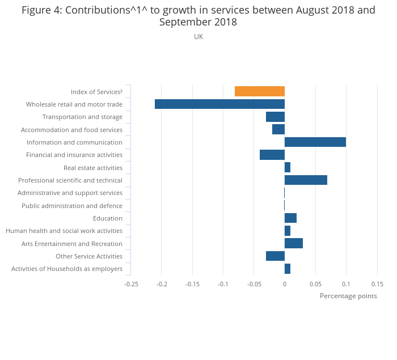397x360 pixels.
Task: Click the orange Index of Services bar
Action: coord(260,91)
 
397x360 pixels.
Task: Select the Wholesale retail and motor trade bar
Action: coord(219,104)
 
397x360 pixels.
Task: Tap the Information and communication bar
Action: coord(315,142)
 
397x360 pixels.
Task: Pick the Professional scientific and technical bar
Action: coord(306,180)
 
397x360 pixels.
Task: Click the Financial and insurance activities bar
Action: coord(272,155)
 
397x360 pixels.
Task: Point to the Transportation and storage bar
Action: coord(275,117)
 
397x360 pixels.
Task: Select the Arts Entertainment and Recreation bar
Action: coord(294,243)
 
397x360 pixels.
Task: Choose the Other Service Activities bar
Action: coord(275,256)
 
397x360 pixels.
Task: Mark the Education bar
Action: coord(290,218)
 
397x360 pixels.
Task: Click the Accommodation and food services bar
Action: coord(278,129)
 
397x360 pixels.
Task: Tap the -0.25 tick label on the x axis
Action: coord(131,283)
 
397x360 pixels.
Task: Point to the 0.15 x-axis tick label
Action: coord(377,283)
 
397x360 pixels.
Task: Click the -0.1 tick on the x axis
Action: coord(223,283)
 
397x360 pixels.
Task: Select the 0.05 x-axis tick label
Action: coord(315,283)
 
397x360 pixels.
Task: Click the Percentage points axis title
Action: coord(348,296)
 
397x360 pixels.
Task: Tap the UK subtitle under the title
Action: coord(198,37)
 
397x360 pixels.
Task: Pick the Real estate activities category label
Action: coord(93,168)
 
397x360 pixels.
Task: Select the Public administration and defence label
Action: coord(72,206)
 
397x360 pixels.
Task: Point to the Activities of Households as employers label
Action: coord(67,269)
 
